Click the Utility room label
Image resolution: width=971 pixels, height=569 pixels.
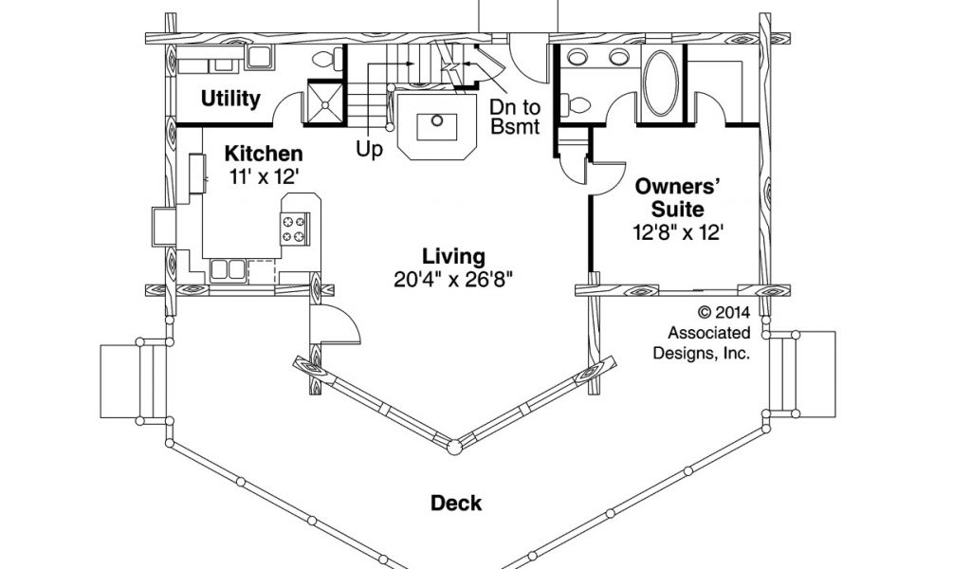pyautogui.click(x=230, y=99)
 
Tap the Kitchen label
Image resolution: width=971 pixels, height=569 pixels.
pyautogui.click(x=264, y=154)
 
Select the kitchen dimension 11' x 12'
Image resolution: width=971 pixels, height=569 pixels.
pyautogui.click(x=264, y=175)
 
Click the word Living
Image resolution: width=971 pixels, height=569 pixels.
pyautogui.click(x=453, y=256)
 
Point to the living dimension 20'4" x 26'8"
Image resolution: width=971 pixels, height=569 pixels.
pyautogui.click(x=453, y=279)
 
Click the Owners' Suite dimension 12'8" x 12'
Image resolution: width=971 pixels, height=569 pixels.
pyautogui.click(x=679, y=231)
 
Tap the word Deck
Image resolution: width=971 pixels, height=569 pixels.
pyautogui.click(x=456, y=503)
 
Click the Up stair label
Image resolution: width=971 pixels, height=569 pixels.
pyautogui.click(x=370, y=149)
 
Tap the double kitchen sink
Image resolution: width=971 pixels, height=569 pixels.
pyautogui.click(x=228, y=268)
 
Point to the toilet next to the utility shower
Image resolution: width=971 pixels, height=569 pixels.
pyautogui.click(x=324, y=60)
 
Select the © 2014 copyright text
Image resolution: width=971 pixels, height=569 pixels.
pyautogui.click(x=724, y=311)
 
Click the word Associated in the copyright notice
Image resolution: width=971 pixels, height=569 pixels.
pyautogui.click(x=708, y=332)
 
